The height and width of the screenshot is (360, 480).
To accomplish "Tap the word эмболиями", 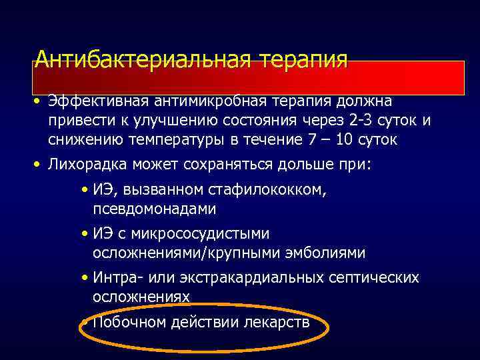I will click(x=325, y=253).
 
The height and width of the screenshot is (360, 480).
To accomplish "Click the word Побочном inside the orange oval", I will click(x=127, y=323).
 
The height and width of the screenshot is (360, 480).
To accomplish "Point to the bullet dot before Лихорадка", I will click(x=40, y=163).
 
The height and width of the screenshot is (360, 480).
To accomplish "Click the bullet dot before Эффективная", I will click(x=40, y=101).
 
